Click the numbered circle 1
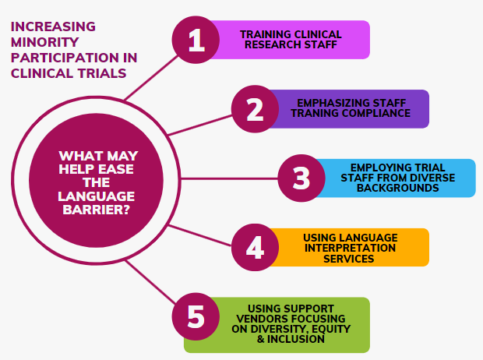coord(196,40)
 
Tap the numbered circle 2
coord(255,109)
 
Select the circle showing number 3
coord(301,178)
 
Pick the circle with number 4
coord(255,247)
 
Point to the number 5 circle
coord(196,316)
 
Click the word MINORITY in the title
coord(45,42)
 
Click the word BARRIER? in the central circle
coord(97,210)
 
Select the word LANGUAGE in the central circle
coord(97,196)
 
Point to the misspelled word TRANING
coord(315,113)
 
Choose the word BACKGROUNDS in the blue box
coord(397,188)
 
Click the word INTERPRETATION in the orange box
coord(350,248)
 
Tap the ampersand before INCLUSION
coord(261,339)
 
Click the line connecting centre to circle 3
coord(229,178)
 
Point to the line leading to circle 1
coord(151,78)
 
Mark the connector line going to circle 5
coord(150,281)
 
